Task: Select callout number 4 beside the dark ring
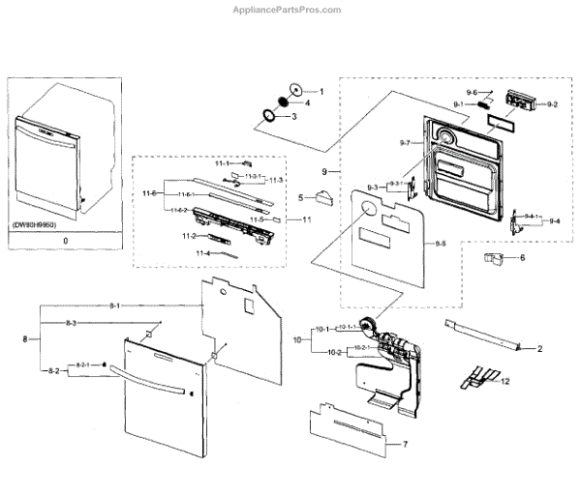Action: (x=307, y=102)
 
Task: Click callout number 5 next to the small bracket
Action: (x=302, y=197)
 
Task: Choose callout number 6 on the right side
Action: (x=523, y=258)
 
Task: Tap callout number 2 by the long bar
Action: (x=539, y=347)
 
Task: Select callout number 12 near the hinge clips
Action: (x=505, y=383)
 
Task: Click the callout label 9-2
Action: (x=552, y=103)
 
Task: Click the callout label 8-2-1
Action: (x=79, y=364)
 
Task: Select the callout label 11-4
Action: (x=202, y=253)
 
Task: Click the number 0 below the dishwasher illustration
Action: (x=64, y=238)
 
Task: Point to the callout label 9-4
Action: (x=554, y=221)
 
